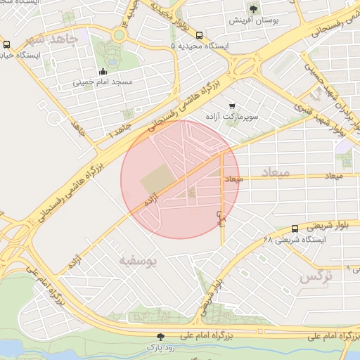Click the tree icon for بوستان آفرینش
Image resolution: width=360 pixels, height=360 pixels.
pos(253,9)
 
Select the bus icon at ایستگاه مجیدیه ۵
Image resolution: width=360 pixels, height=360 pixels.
pos(200,34)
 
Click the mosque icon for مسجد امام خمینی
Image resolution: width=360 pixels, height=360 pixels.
pos(103,71)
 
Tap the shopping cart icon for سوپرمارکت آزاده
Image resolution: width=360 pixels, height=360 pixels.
pos(232,105)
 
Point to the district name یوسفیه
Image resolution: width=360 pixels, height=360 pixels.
pos(136,262)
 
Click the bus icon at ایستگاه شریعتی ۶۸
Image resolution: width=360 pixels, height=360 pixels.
pos(295,229)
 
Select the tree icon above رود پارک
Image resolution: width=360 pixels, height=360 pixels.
pos(161,337)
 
